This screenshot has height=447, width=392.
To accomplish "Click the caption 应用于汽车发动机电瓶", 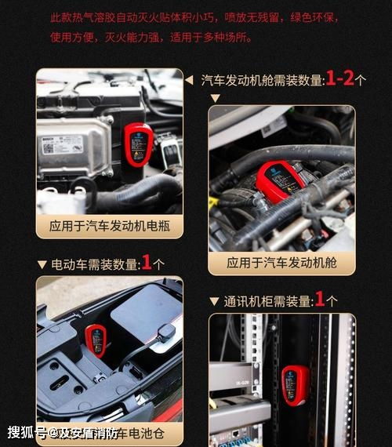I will (110, 227).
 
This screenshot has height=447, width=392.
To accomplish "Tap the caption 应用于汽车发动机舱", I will (281, 263).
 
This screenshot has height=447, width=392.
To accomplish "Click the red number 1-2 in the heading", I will (339, 78).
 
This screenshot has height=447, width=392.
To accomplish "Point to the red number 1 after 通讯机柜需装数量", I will (319, 299).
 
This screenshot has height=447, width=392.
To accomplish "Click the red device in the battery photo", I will (139, 145).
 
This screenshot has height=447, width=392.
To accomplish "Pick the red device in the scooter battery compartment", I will (96, 341).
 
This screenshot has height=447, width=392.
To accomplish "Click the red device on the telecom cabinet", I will (295, 385).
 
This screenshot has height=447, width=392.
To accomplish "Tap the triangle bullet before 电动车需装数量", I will (42, 265).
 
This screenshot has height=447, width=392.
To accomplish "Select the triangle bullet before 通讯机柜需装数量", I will (214, 301).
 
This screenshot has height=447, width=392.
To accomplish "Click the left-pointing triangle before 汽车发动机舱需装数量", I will (189, 79).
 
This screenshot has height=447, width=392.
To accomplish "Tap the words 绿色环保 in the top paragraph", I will (321, 16).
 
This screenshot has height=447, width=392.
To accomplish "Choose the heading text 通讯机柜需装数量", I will (267, 301).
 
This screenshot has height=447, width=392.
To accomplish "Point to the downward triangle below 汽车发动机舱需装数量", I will (216, 98).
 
